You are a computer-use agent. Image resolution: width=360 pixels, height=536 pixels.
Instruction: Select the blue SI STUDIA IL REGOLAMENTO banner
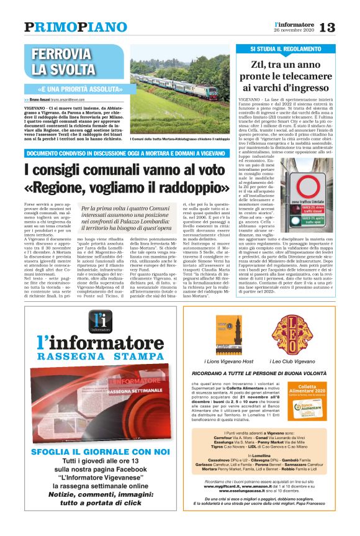286,48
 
